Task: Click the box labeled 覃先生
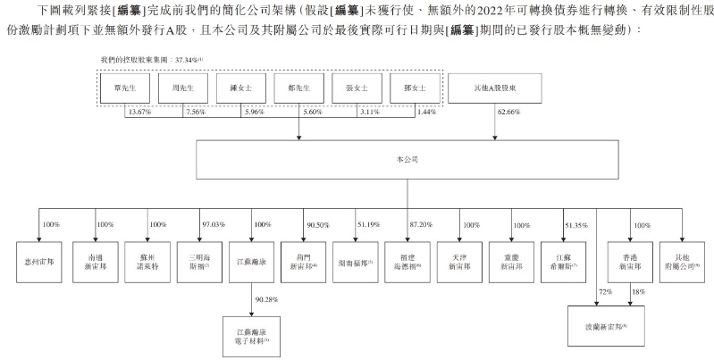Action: [x=125, y=89]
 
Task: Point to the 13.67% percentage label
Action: [x=140, y=113]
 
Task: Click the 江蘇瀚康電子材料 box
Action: [x=248, y=336]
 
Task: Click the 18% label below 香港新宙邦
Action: [x=637, y=292]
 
